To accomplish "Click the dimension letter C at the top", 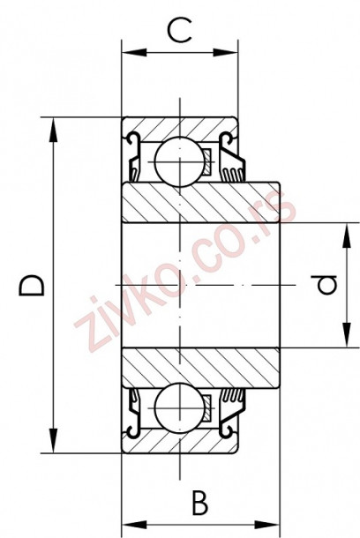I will pos(180,33).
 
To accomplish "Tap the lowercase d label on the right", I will pos(326,285).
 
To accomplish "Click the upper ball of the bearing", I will pos(179,161).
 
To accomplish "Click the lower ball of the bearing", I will pos(179,409).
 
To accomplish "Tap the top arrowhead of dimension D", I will pos(56,123).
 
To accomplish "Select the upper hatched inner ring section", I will pos(200,203).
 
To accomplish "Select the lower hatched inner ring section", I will pos(200,367).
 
